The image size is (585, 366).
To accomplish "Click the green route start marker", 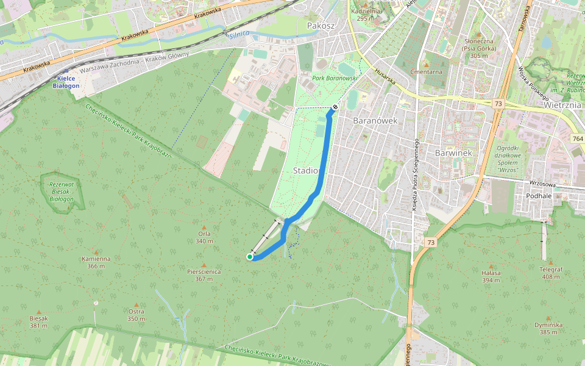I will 250,257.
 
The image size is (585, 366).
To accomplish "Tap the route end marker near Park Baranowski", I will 335,107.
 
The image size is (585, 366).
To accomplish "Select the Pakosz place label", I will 321,26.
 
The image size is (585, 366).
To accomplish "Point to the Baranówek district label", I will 375,120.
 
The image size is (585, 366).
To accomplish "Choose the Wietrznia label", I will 564,104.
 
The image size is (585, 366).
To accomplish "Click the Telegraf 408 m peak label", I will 550,272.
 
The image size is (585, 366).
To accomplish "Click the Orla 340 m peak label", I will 204,237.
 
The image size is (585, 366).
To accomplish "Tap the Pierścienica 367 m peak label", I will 204,275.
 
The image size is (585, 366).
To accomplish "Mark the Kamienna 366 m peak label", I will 96,262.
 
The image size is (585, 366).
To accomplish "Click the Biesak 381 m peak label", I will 38,321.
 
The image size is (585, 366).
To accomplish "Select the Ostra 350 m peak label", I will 136,315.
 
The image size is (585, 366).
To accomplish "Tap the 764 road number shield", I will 577,139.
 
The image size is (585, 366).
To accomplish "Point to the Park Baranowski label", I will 334,78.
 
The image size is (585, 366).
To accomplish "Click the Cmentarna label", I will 426,71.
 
